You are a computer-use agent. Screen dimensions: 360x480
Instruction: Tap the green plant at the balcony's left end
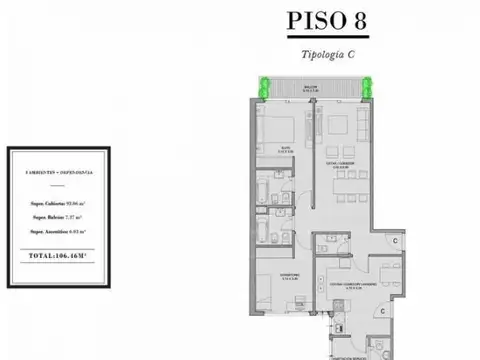click(x=266, y=89)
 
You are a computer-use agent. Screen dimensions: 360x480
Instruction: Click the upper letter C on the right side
click(x=397, y=241)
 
